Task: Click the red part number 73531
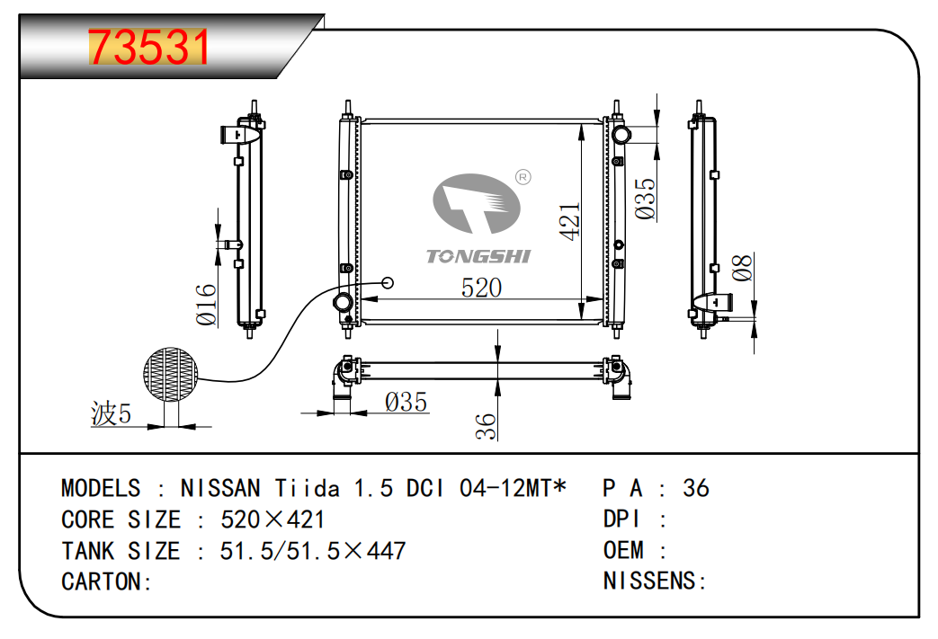click(x=149, y=48)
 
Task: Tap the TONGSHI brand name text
click(x=478, y=256)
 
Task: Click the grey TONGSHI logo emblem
click(x=477, y=205)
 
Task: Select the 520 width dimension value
click(x=481, y=288)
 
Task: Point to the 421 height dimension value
click(x=570, y=220)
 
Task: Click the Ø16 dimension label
click(x=206, y=305)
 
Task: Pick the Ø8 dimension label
click(x=742, y=268)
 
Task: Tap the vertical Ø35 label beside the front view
click(x=645, y=199)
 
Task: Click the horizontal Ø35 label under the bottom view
click(x=406, y=402)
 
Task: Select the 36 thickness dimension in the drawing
click(x=486, y=426)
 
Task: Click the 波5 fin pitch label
click(x=112, y=414)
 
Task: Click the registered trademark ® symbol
click(x=522, y=177)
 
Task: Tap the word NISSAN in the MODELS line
click(x=220, y=488)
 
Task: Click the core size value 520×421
click(x=272, y=519)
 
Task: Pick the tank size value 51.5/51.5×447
click(x=313, y=550)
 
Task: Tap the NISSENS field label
click(x=650, y=581)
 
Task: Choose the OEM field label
click(x=623, y=550)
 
